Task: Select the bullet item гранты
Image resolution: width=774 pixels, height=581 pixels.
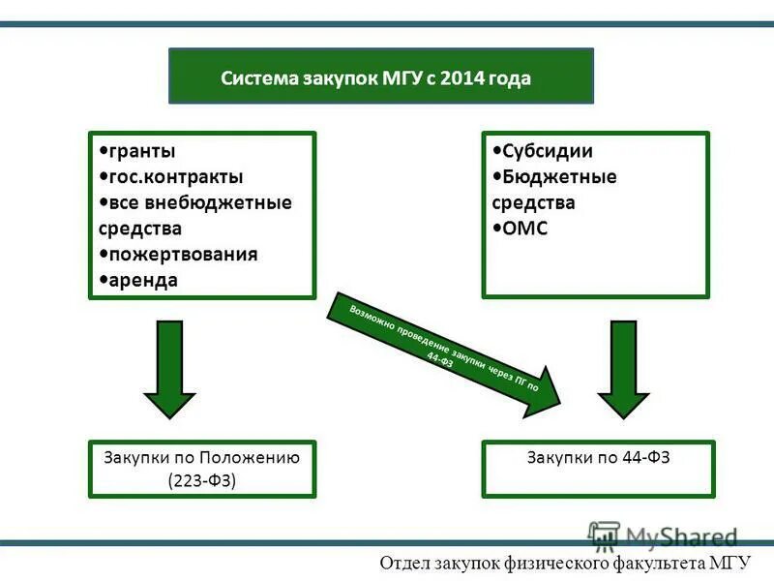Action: [141, 151]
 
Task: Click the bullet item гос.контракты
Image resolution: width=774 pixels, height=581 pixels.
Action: [175, 177]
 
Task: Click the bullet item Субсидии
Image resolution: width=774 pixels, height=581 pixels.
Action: [548, 151]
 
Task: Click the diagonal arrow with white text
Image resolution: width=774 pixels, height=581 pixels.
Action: [445, 352]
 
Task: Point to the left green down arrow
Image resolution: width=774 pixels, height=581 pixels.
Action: [169, 368]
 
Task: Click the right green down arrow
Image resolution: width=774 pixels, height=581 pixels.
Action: [623, 368]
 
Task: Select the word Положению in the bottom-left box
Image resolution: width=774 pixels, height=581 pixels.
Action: [253, 457]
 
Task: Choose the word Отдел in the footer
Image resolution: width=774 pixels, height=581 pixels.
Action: [405, 563]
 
